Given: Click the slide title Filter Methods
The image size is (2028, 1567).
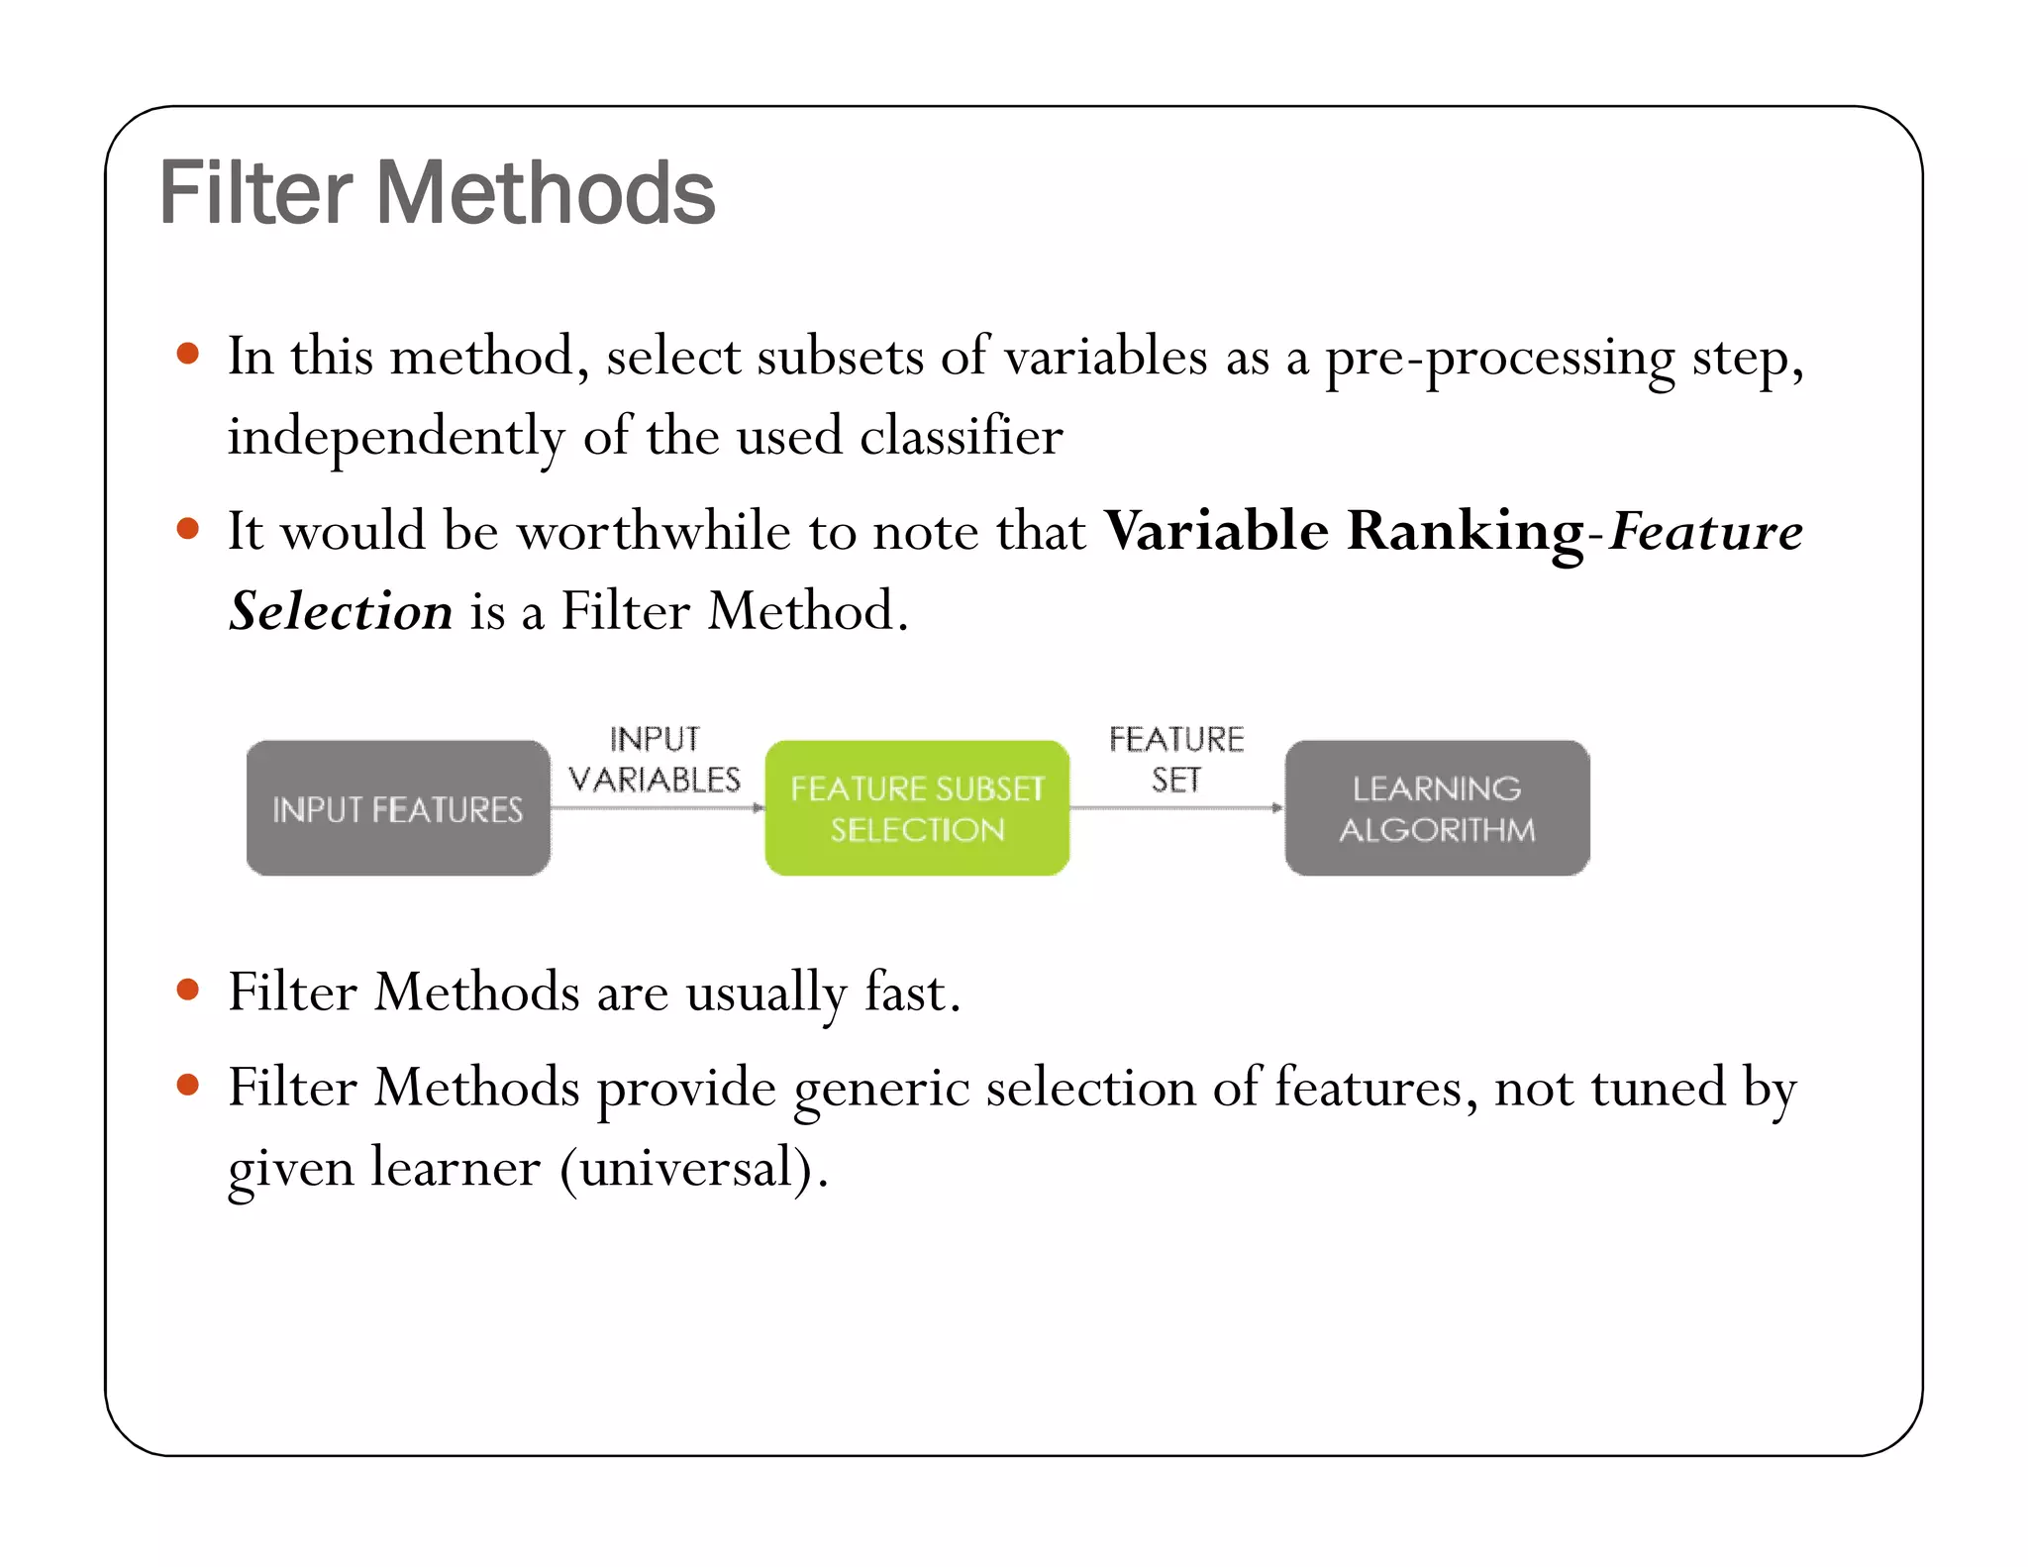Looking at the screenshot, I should tap(436, 193).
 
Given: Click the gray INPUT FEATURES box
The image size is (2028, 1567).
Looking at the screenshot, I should tap(397, 808).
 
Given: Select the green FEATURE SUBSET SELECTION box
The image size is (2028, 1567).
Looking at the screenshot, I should tap(917, 808).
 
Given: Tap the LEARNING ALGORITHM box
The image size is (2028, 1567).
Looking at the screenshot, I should tap(1437, 808).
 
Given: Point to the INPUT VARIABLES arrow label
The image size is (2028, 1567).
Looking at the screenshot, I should tap(655, 760).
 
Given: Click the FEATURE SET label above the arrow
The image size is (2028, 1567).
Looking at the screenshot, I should tap(1175, 760).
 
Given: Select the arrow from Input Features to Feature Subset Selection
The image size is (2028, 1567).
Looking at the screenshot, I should tap(658, 808).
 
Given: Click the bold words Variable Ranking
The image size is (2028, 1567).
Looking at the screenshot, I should tap(1344, 532).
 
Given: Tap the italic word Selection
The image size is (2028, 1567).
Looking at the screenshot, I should tap(341, 611).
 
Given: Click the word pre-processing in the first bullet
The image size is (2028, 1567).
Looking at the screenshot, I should tap(1499, 359).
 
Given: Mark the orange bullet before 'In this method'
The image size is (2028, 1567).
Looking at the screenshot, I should tap(187, 355).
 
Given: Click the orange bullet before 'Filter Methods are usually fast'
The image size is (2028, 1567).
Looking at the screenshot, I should tap(187, 990).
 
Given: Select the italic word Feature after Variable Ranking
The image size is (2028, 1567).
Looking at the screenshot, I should tap(1705, 532).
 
